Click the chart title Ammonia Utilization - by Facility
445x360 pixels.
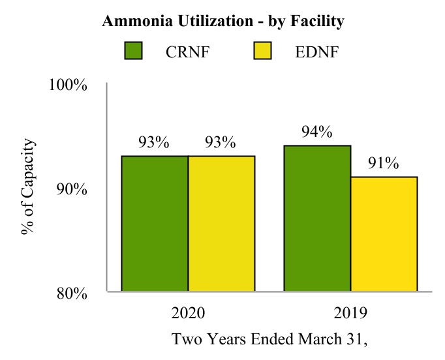[x=223, y=22]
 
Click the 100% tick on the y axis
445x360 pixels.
[x=69, y=85]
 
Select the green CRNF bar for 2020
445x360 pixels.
[x=155, y=224]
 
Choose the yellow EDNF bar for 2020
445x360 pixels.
[x=221, y=224]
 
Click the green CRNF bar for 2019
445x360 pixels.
[x=317, y=218]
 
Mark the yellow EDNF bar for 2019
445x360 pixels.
[x=384, y=234]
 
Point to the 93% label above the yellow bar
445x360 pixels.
[x=220, y=143]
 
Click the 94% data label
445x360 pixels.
[x=317, y=132]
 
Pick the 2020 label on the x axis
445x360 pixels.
[x=188, y=314]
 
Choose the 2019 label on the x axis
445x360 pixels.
[x=350, y=314]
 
